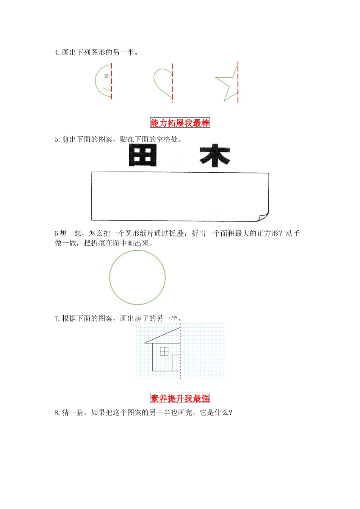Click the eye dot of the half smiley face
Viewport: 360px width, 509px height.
coord(106,76)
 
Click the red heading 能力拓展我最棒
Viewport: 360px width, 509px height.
coord(180,123)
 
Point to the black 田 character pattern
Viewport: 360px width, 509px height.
coord(142,156)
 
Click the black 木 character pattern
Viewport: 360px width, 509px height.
coord(215,156)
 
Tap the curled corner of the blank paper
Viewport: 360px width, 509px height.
coord(263,217)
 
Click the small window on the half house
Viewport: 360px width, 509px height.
coord(164,351)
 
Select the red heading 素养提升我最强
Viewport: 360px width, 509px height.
coord(180,398)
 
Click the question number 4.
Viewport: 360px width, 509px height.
coord(56,53)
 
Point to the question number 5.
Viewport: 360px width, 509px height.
coord(56,139)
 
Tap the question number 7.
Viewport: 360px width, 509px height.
coord(56,319)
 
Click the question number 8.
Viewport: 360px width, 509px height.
coord(56,412)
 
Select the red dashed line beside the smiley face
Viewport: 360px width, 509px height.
coord(111,81)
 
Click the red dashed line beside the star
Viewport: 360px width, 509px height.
coord(238,81)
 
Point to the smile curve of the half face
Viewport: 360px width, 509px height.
coord(107,90)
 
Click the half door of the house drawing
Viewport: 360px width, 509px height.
coord(176,363)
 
